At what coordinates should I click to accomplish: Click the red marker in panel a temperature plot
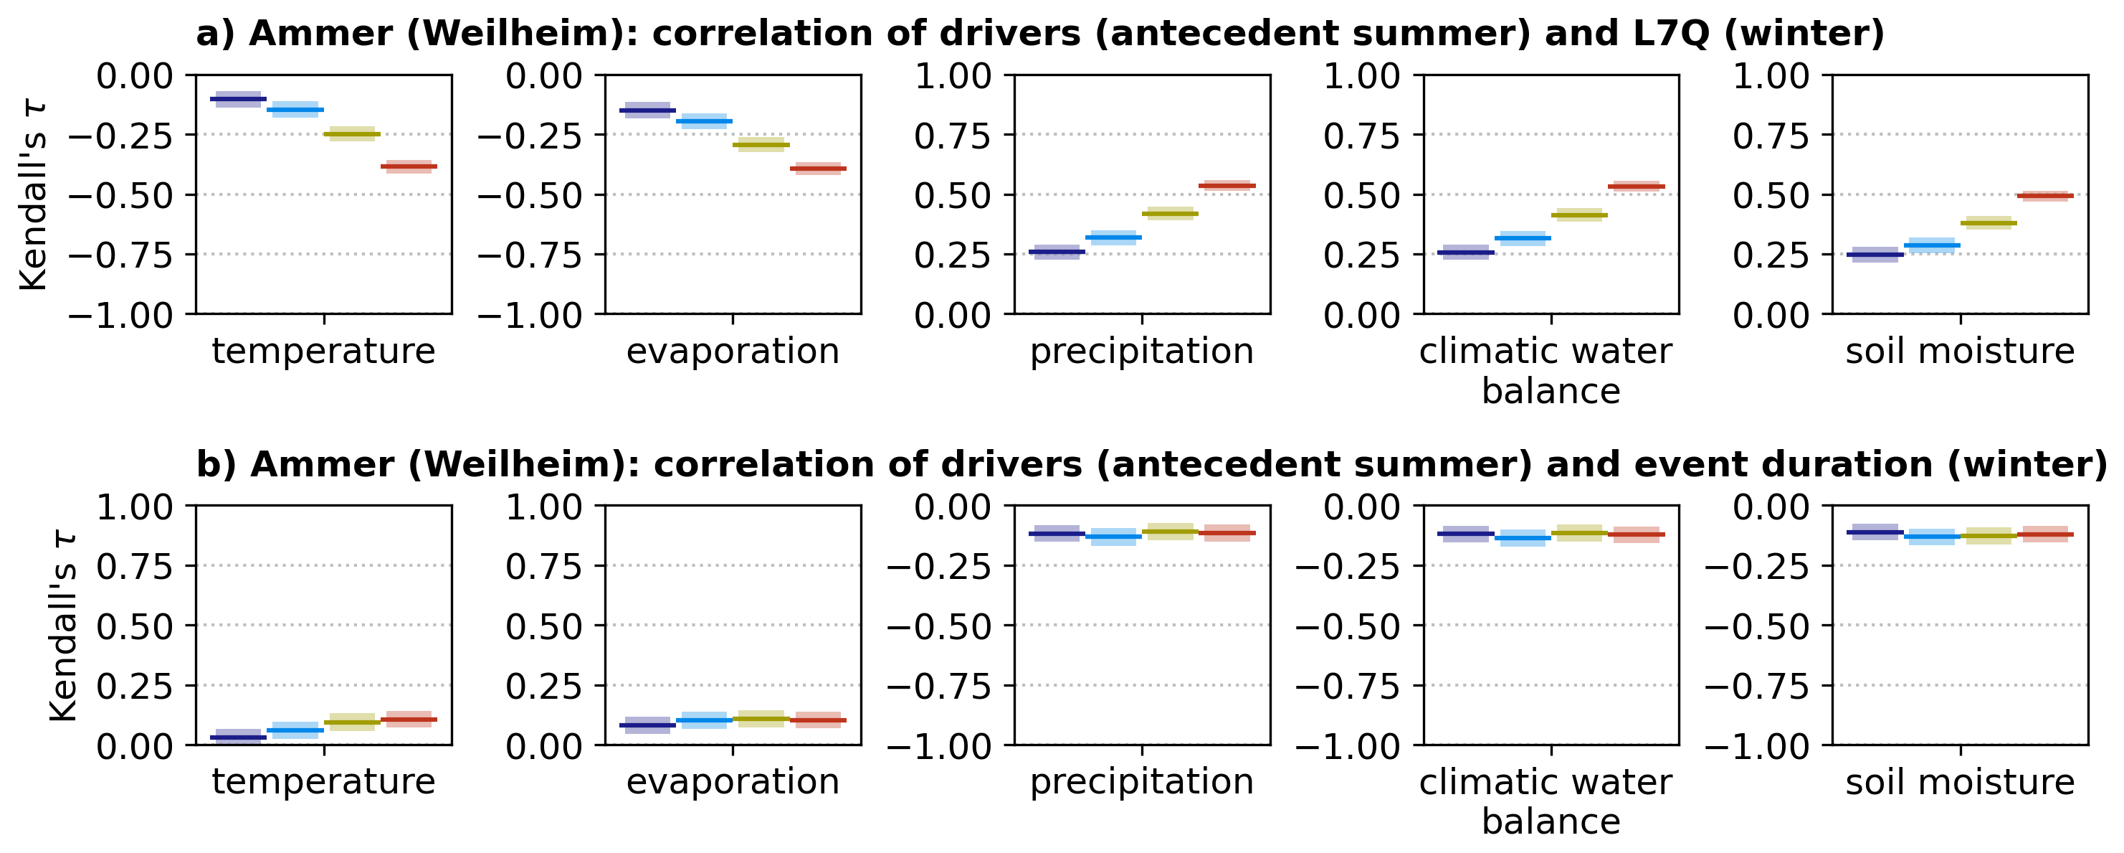(x=409, y=166)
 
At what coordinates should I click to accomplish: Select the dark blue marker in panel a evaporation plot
(x=647, y=110)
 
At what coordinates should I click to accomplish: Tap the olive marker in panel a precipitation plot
(x=1170, y=214)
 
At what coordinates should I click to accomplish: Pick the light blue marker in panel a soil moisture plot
(x=1932, y=245)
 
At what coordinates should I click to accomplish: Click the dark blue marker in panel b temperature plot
(x=238, y=737)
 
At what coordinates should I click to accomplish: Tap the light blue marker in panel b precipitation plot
(x=1114, y=536)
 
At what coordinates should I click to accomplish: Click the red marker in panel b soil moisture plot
(x=2045, y=534)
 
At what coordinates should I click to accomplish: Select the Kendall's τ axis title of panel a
(x=34, y=196)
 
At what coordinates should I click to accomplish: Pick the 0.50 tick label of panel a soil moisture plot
(x=1771, y=197)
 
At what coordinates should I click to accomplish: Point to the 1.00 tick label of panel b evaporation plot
(x=543, y=506)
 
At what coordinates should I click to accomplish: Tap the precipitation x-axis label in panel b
(x=1142, y=782)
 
